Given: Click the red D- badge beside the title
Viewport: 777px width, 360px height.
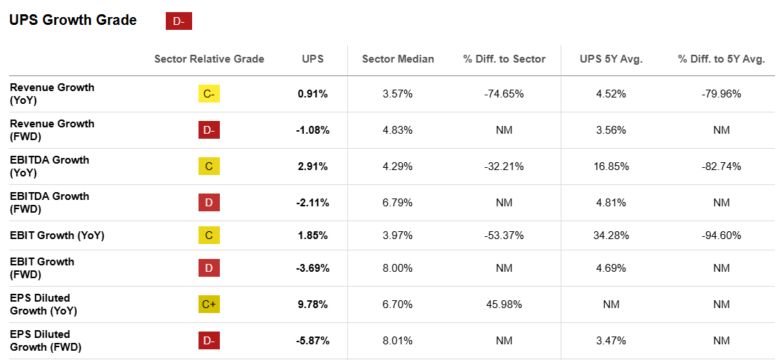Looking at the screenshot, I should tap(179, 21).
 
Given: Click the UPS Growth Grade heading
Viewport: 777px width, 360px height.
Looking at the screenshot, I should tap(73, 21).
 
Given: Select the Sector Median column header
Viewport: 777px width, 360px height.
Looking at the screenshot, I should tap(398, 59).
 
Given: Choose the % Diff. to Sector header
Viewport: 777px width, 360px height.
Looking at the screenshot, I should tap(504, 59).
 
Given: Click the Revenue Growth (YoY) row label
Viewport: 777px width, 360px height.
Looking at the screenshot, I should tap(52, 93).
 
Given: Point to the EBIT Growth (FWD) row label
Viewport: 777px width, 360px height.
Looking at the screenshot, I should tap(42, 268).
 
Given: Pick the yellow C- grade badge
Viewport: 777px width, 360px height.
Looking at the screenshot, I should tap(209, 93).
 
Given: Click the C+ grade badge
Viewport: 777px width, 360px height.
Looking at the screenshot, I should tap(209, 305).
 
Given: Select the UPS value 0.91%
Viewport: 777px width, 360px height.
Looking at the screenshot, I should tap(312, 93).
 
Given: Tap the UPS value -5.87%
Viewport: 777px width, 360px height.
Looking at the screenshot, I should tap(312, 341).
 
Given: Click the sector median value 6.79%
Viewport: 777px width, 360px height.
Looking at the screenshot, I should tap(398, 203).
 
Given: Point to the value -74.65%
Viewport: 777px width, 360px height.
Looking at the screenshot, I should tap(504, 93).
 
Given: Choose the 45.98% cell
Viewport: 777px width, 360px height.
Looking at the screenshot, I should tap(504, 305).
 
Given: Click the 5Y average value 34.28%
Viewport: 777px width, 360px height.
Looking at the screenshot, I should tap(611, 235).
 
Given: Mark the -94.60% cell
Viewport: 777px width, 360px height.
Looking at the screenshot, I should tap(721, 235).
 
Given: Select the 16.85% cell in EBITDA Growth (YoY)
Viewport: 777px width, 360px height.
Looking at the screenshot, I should tap(611, 166).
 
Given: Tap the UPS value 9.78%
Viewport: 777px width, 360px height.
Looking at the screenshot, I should tap(312, 305).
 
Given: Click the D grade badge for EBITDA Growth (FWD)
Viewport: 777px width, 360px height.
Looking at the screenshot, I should tap(209, 203).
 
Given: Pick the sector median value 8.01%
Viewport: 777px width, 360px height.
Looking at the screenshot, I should tap(398, 341).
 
